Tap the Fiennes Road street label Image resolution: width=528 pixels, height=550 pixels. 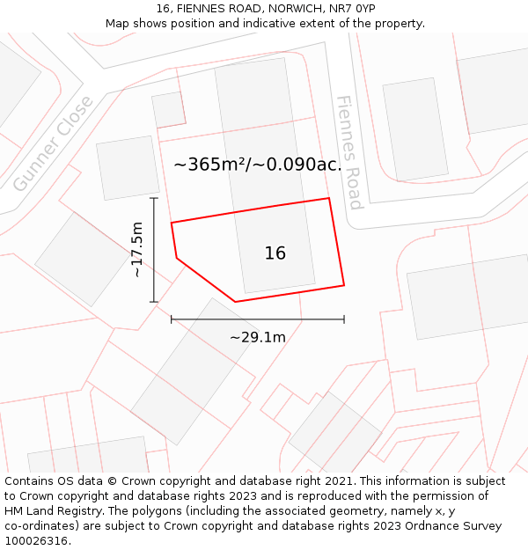349,152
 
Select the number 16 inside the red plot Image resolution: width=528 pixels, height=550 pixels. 275,253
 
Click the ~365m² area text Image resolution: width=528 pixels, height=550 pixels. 211,165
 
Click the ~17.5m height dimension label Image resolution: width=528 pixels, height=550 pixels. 137,250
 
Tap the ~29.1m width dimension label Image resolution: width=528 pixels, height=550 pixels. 258,338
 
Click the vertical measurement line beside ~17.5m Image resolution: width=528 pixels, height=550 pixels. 154,250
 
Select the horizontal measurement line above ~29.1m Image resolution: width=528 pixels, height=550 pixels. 258,319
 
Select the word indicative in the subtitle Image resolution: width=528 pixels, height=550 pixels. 264,24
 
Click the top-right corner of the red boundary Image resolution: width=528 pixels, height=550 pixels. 329,198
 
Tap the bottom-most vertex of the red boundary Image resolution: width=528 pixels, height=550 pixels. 235,302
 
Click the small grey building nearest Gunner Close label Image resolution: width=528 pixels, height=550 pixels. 128,167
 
